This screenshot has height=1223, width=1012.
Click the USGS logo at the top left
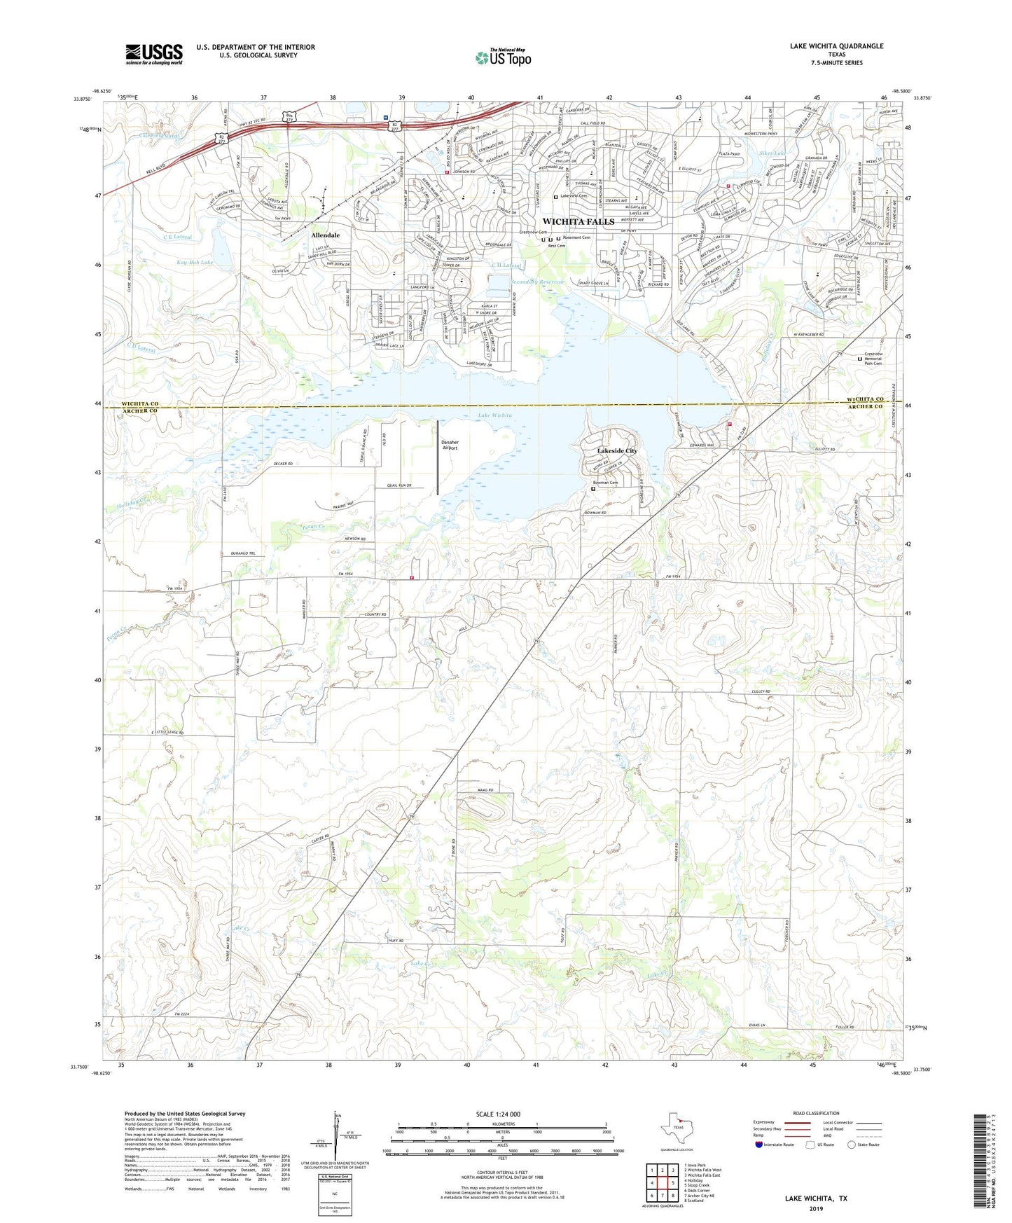pos(154,53)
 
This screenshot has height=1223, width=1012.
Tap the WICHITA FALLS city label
pos(578,221)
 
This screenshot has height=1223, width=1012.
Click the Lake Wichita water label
pos(494,415)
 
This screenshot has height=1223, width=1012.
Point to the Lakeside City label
pos(617,451)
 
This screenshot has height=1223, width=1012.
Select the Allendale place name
pos(325,235)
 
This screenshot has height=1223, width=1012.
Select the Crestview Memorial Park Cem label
pos(873,359)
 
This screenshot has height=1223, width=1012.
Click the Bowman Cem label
pos(606,483)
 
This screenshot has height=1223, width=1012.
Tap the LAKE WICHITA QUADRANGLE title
pos(836,46)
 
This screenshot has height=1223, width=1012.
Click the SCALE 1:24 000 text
pos(498,1114)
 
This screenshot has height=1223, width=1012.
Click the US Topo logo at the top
pos(503,57)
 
